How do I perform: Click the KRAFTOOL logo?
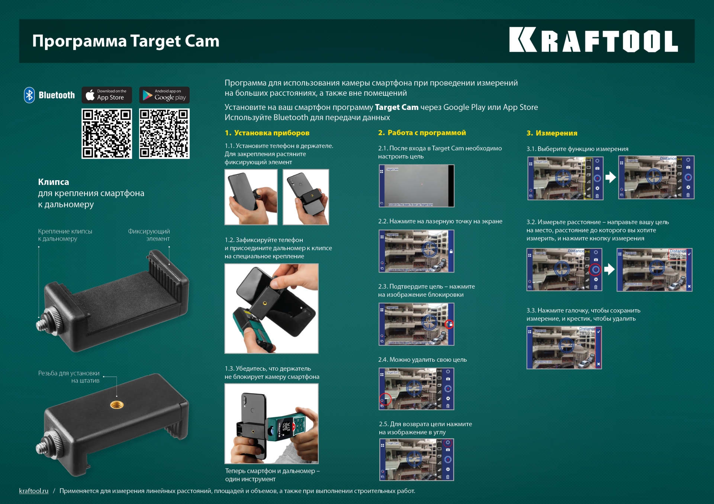(593, 40)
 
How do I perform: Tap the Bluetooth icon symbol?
(29, 95)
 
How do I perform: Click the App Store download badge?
(107, 95)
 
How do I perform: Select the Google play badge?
(164, 95)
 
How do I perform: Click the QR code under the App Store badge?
(107, 134)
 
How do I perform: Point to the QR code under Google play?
(164, 134)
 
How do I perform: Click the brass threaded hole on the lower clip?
(117, 404)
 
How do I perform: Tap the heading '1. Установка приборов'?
(267, 133)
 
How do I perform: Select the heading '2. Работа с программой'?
(422, 133)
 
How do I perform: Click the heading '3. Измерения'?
(552, 133)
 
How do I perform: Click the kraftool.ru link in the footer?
(34, 491)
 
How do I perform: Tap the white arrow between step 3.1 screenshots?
(610, 178)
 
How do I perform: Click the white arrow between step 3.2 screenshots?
(609, 269)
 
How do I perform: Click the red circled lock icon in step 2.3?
(450, 324)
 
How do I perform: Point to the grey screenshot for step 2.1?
(416, 186)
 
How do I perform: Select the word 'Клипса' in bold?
(54, 182)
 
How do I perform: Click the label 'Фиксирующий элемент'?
(149, 235)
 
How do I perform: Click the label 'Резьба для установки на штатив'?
(69, 377)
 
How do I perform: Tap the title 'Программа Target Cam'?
(126, 41)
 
